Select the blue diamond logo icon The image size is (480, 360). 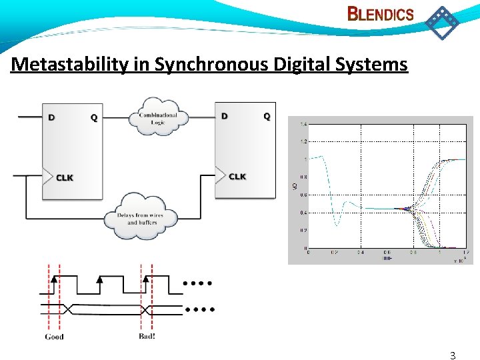(442, 22)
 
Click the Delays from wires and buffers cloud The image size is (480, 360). (141, 218)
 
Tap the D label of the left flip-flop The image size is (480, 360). (51, 118)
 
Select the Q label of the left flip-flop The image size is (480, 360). (93, 118)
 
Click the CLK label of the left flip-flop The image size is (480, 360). (65, 178)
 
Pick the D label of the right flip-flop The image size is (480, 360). (224, 116)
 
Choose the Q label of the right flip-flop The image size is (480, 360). (266, 116)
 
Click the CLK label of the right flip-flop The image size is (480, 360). (237, 177)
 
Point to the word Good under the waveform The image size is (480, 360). (54, 337)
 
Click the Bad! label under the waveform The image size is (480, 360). (147, 336)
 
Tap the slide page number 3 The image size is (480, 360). (453, 355)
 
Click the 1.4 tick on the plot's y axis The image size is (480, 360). (303, 125)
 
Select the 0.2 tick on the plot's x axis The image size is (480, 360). (334, 253)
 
